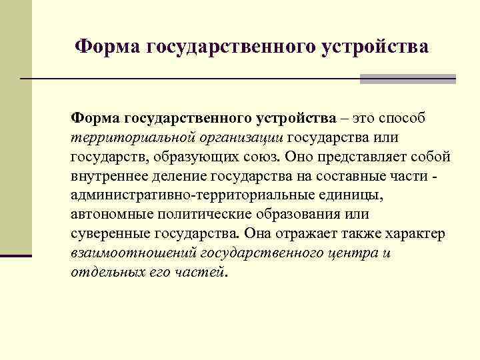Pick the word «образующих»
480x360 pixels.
click(193, 157)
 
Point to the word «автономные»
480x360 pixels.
click(111, 215)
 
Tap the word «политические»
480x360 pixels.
click(204, 215)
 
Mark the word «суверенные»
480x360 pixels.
click(109, 234)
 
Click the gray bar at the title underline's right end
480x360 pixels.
click(407, 79)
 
